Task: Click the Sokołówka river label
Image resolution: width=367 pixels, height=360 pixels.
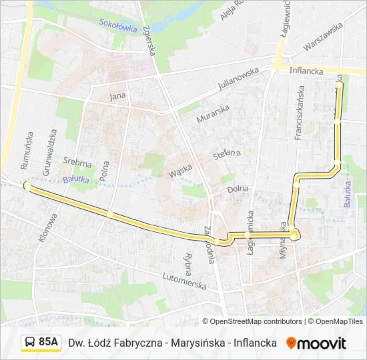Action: coord(118,25)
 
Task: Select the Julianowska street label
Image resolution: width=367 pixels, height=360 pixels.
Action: coord(239,79)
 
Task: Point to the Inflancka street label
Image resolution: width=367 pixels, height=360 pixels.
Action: coord(307,70)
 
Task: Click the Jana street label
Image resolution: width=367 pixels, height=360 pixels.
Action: coord(117,95)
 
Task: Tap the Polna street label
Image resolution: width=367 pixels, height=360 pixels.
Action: coord(103,170)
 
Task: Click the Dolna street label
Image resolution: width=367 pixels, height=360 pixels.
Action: coord(238,189)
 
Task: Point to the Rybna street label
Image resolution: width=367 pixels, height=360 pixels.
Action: coord(188,265)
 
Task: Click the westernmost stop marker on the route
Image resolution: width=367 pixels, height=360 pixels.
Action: coord(27,186)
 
